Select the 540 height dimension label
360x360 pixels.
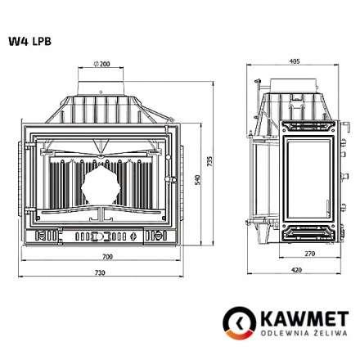[198, 178]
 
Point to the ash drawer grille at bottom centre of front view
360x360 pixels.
[101, 237]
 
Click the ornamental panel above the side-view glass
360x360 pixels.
[306, 127]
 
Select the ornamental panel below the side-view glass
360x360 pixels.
[306, 232]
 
